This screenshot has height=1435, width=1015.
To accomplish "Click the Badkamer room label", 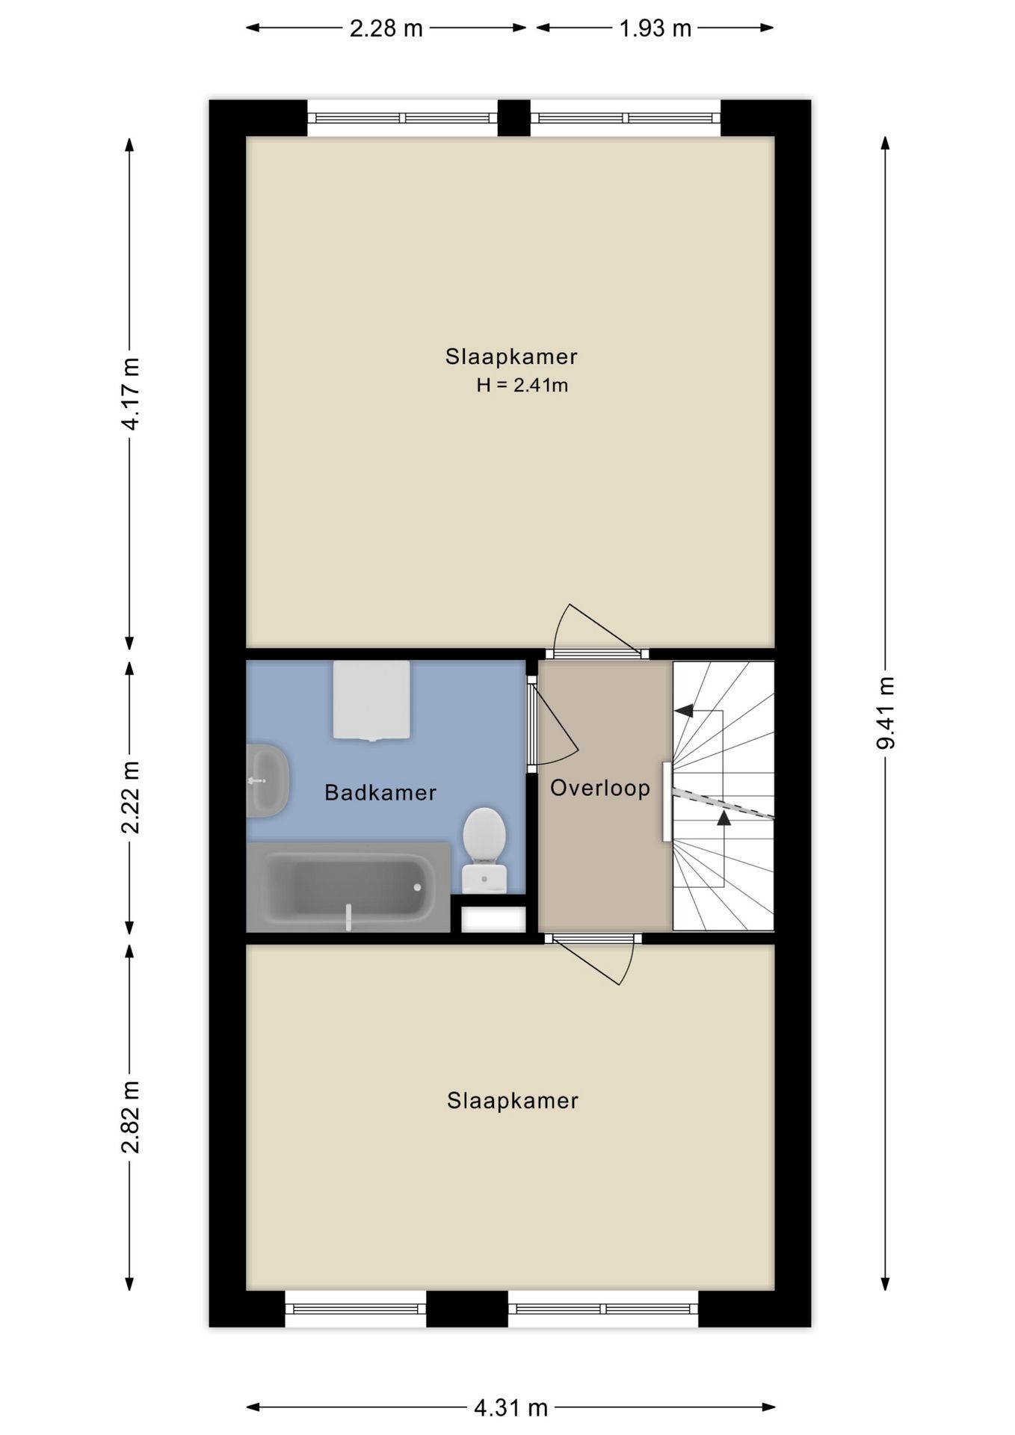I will click(x=380, y=793).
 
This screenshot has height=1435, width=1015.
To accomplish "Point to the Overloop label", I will click(x=600, y=788).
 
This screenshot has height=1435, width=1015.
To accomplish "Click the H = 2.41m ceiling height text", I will click(x=522, y=386).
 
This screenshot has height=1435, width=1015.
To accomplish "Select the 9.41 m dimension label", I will click(x=885, y=712).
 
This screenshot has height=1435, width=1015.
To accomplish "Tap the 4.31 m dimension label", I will click(x=510, y=1408).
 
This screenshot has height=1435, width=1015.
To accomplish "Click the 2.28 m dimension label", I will click(x=386, y=28).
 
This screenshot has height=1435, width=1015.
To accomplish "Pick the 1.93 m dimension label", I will click(x=655, y=28).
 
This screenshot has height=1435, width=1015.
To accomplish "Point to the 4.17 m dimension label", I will click(x=130, y=393).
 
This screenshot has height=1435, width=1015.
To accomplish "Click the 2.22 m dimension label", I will click(x=130, y=797).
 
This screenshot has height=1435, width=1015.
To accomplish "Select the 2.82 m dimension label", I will click(x=130, y=1117).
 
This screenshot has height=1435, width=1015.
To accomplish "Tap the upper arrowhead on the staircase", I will click(x=684, y=711).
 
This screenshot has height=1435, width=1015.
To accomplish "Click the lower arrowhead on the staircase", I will click(x=723, y=818).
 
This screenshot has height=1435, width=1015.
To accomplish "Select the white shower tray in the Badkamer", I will click(x=371, y=700).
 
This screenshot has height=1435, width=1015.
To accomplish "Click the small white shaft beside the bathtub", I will click(x=493, y=919).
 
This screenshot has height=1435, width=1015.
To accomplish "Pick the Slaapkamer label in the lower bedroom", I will click(x=513, y=1101).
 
